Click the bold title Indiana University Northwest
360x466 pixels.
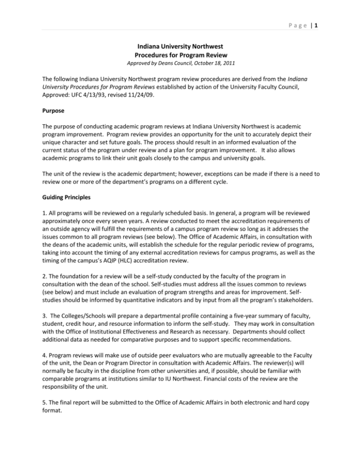180,47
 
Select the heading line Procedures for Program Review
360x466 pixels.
180,56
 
